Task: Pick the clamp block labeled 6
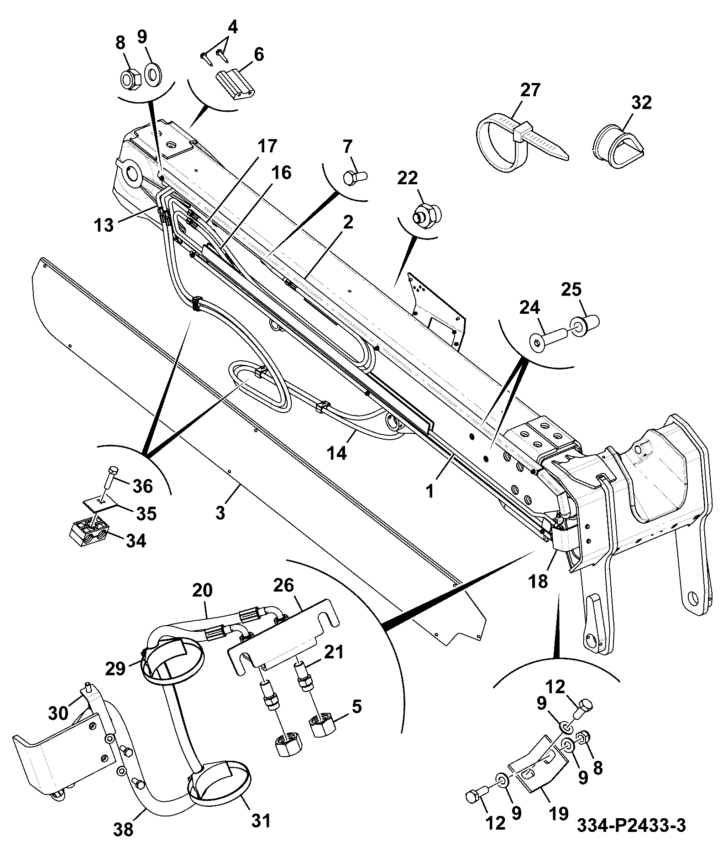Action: click(235, 83)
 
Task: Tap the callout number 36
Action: click(142, 486)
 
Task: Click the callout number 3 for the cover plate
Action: click(220, 513)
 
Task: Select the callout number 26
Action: click(283, 586)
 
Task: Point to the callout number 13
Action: click(105, 225)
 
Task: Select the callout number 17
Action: click(267, 146)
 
